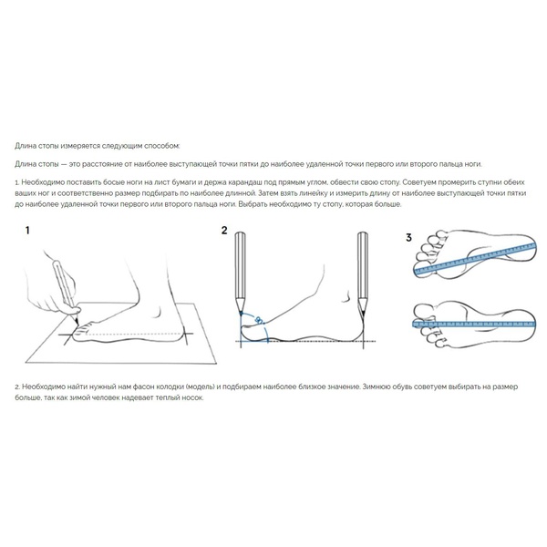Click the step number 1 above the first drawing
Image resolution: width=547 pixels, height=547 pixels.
[x=27, y=231]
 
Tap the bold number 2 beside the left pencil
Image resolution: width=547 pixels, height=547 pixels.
[x=224, y=231]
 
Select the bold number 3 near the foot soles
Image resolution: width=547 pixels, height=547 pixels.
[x=408, y=238]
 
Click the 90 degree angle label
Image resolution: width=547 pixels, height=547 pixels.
[x=259, y=319]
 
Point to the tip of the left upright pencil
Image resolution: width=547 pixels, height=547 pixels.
[x=241, y=314]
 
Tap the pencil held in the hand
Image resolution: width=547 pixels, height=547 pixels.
[x=66, y=292]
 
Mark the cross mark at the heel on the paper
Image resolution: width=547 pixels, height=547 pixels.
[x=187, y=335]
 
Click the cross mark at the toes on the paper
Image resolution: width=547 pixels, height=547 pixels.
[x=68, y=335]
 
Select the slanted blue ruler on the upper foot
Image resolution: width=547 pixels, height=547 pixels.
[x=474, y=259]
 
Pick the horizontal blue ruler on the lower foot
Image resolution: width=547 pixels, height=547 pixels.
[x=474, y=324]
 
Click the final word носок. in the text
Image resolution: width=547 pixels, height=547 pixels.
[x=192, y=397]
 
